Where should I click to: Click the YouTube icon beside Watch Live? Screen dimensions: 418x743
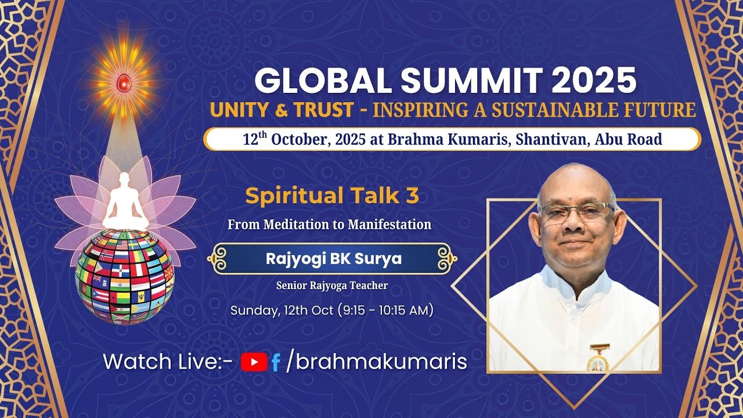(x=254, y=362)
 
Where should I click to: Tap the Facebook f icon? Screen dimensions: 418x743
(x=276, y=363)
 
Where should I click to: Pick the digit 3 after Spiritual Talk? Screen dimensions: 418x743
(x=412, y=196)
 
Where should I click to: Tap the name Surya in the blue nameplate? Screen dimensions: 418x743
(x=381, y=259)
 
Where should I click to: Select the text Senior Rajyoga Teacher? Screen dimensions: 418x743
(x=332, y=285)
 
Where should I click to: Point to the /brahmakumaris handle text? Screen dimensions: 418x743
(x=377, y=362)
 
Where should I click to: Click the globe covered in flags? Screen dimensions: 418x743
(x=124, y=276)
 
